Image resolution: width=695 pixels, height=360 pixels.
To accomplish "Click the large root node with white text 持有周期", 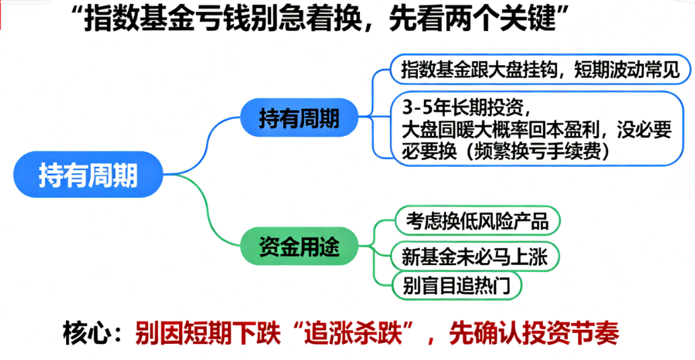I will pos(88,174).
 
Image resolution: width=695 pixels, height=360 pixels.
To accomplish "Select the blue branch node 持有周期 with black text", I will pos(299,119).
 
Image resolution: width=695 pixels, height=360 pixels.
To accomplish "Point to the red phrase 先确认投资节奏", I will pos(534,332).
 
